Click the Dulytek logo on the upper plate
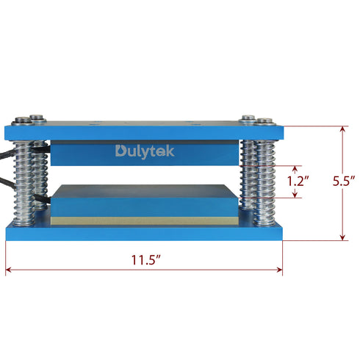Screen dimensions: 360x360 (145, 151)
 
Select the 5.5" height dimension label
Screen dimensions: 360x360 (344, 180)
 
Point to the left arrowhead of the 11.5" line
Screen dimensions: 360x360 (9, 270)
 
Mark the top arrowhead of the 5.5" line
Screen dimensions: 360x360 (342, 128)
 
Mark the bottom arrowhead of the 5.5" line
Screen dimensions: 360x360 (342, 237)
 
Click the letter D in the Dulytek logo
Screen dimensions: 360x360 (120, 151)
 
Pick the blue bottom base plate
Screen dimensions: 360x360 (145, 234)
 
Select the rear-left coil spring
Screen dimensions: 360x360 (42, 176)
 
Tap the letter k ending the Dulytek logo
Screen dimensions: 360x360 (170, 151)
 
